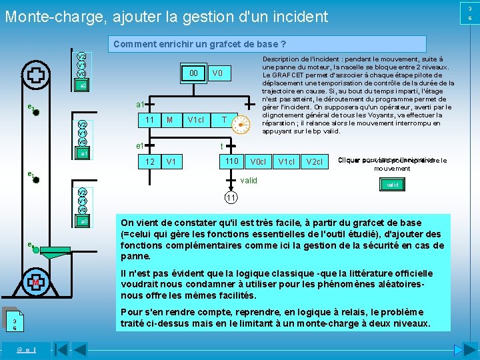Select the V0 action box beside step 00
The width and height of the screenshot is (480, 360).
(x=217, y=73)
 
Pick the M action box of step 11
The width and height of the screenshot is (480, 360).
(x=170, y=120)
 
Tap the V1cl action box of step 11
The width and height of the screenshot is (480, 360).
(x=195, y=120)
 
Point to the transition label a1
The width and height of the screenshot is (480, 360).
(x=140, y=105)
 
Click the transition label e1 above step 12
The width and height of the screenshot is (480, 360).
(x=139, y=146)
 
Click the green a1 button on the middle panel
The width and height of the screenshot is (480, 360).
(x=81, y=153)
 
